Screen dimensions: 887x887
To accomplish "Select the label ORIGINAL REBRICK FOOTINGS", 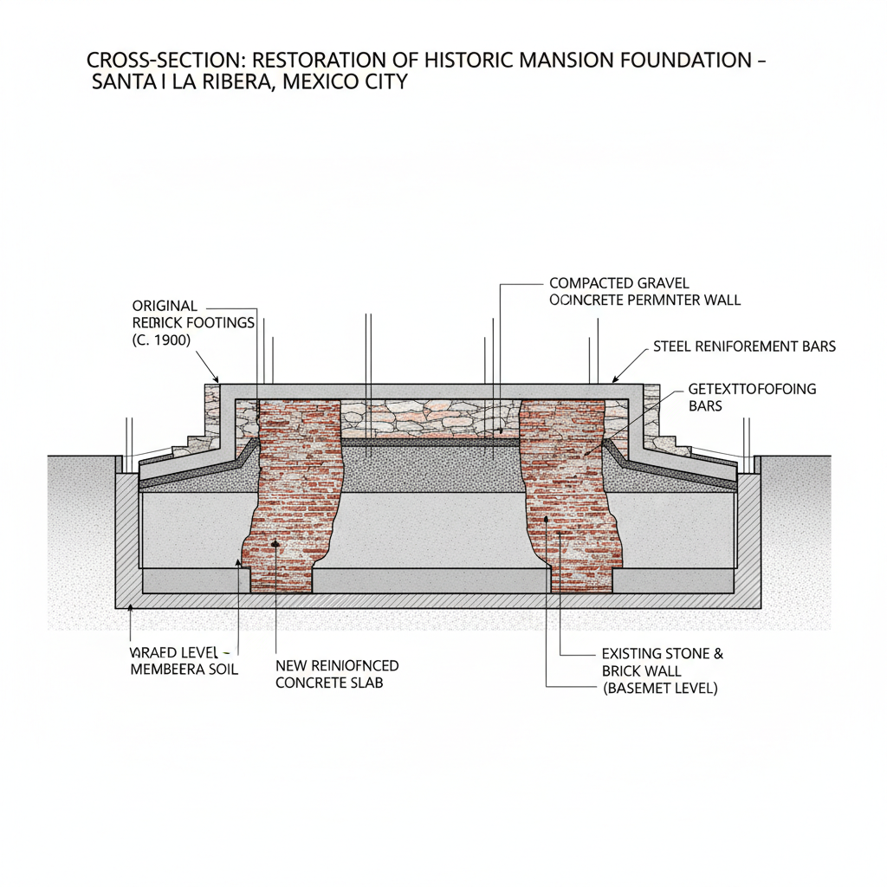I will tap(192, 314).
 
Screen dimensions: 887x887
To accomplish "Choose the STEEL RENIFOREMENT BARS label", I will tap(744, 346).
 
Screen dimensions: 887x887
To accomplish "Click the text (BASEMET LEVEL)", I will tap(659, 690).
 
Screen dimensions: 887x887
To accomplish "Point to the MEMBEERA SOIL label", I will tap(183, 670).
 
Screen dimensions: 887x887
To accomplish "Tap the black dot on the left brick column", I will tap(275, 543).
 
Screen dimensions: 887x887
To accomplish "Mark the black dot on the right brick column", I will tap(547, 521).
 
